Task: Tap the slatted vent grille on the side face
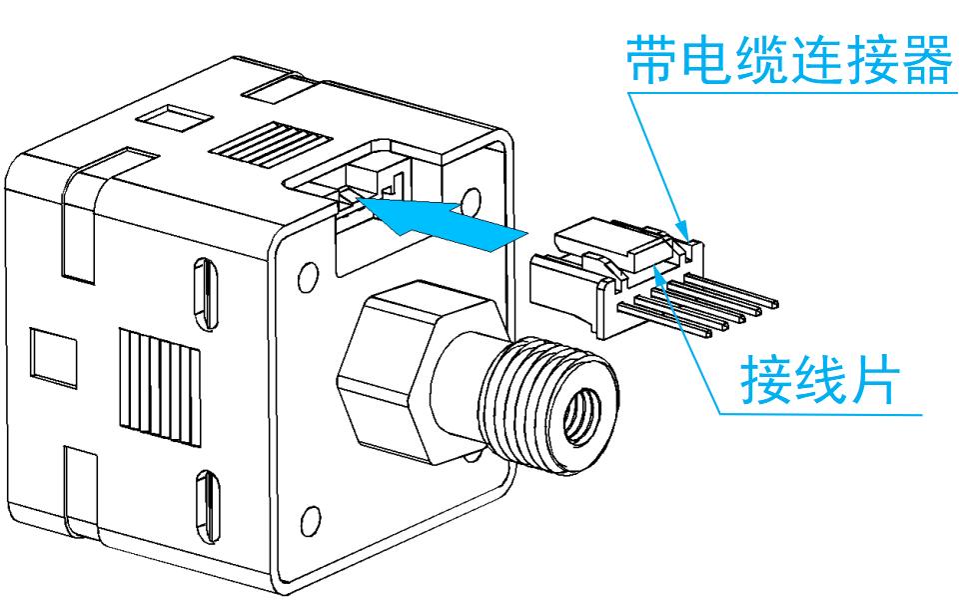coord(160,386)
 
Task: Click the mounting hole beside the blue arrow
coord(472,201)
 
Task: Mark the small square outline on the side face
coord(54,358)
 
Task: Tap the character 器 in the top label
coord(927,59)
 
